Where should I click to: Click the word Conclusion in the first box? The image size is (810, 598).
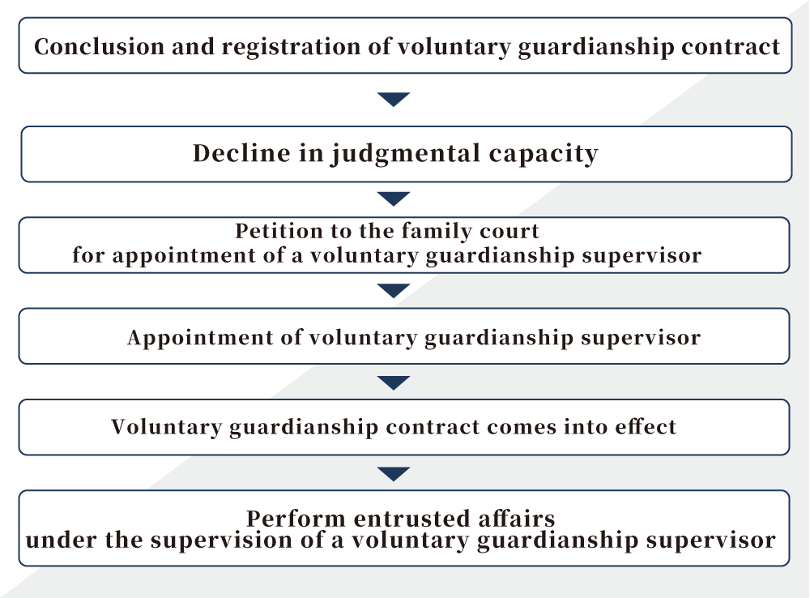pyautogui.click(x=99, y=46)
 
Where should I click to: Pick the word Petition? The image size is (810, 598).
pyautogui.click(x=279, y=231)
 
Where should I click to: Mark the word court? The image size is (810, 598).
pyautogui.click(x=509, y=232)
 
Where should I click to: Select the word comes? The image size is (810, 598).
pyautogui.click(x=521, y=428)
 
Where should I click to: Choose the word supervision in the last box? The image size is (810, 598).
pyautogui.click(x=222, y=541)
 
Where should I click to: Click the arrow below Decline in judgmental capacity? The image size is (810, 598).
pyautogui.click(x=394, y=198)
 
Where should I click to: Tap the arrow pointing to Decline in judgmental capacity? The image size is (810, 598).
pyautogui.click(x=394, y=99)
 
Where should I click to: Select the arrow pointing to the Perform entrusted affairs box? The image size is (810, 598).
pyautogui.click(x=394, y=473)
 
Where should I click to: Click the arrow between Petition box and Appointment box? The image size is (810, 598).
pyautogui.click(x=394, y=290)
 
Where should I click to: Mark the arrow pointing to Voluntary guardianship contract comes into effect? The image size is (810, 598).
pyautogui.click(x=394, y=382)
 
